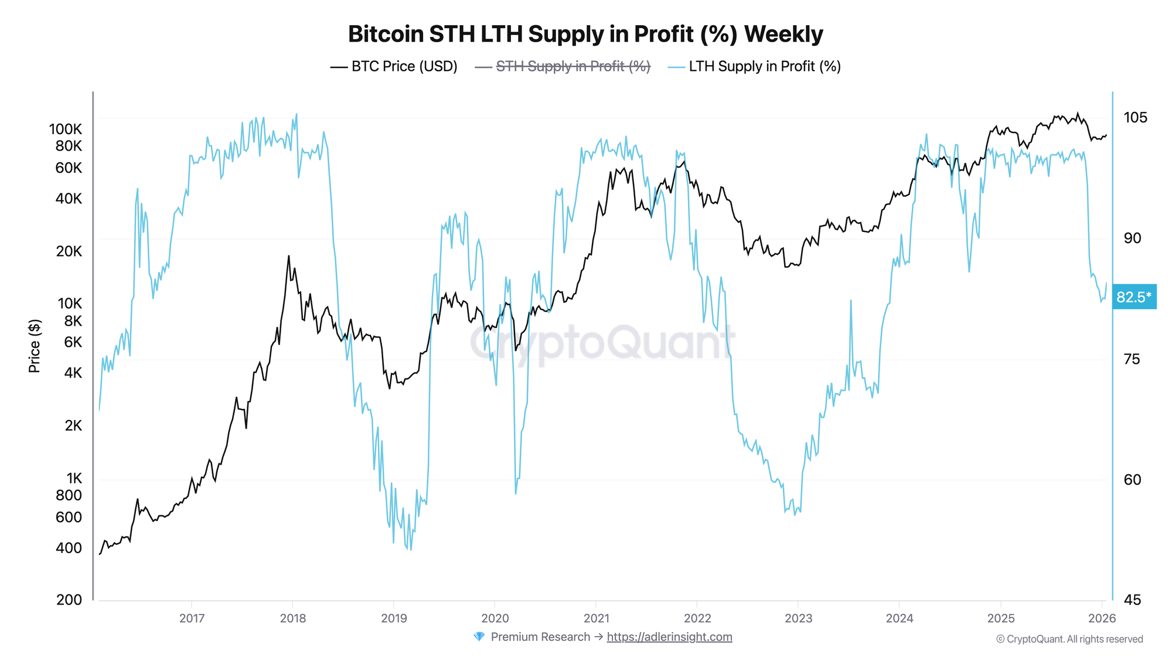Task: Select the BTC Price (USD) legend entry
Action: [394, 66]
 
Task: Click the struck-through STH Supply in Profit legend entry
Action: [563, 66]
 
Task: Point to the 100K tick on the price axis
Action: [66, 129]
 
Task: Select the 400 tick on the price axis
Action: [69, 548]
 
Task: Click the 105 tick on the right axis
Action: [1135, 118]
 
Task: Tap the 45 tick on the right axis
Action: [1132, 600]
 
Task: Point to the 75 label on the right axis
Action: [1132, 359]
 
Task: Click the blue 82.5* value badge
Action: [1134, 297]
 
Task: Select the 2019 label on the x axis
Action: [394, 618]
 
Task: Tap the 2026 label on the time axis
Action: [1102, 618]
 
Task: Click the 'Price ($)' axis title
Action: [35, 346]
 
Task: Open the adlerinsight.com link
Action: [669, 637]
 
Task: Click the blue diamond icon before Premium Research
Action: [479, 637]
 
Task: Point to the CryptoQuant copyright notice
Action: [1069, 639]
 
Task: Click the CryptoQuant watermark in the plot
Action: [602, 343]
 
